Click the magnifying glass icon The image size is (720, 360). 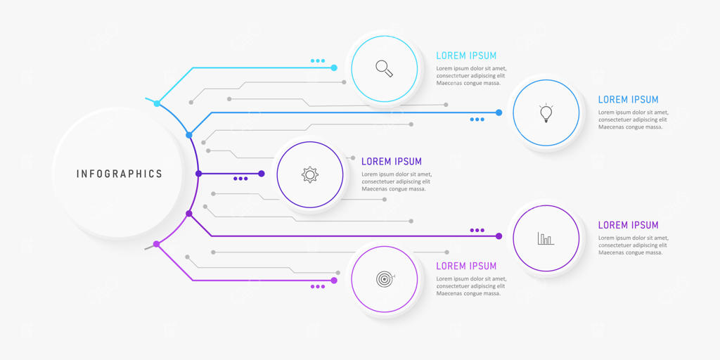[384, 68]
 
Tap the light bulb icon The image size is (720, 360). [546, 112]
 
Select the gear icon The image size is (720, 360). [310, 174]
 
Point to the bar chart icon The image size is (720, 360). [546, 238]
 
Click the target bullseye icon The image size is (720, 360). [384, 279]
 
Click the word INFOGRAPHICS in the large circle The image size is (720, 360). [119, 174]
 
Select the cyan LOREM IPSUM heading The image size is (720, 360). [466, 56]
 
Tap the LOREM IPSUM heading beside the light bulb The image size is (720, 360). [629, 100]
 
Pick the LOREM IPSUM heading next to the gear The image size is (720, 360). [392, 162]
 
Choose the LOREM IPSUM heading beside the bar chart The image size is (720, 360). [629, 225]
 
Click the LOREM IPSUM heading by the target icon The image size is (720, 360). [466, 266]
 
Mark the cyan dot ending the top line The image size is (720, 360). [334, 68]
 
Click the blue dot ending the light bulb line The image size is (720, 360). [499, 112]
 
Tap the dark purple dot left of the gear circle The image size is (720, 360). [262, 174]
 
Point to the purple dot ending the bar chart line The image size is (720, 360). [499, 236]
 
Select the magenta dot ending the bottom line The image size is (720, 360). [334, 281]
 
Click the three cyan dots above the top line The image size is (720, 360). [318, 61]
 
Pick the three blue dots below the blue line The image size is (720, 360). [477, 120]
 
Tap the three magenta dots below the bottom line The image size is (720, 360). [318, 287]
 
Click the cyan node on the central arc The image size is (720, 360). [157, 103]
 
